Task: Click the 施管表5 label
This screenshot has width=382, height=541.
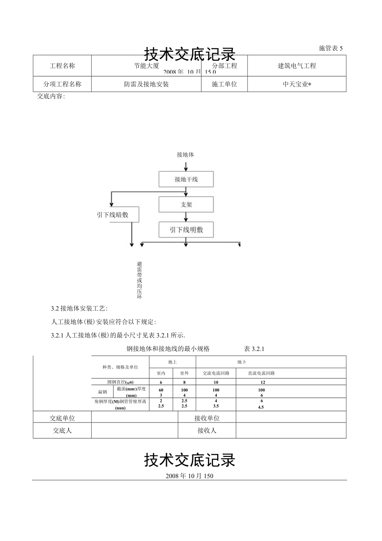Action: [331, 48]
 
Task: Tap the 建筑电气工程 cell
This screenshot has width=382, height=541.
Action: [296, 66]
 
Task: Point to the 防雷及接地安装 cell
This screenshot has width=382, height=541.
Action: [146, 84]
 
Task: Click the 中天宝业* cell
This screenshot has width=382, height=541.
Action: [296, 84]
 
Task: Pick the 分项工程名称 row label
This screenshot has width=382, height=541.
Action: [62, 84]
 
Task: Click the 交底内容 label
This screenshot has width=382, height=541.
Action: [51, 96]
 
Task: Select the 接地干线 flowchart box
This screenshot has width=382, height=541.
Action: [186, 180]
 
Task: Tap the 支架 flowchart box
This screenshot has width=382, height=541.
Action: [186, 205]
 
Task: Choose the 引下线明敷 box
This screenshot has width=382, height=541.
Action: [186, 230]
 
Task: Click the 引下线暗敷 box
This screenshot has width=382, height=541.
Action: [113, 215]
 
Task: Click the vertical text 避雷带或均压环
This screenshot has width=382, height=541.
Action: [140, 280]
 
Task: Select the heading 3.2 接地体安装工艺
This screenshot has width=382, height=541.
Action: [79, 309]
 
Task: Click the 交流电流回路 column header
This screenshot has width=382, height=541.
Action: [216, 373]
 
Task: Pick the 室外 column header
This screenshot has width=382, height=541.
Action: [184, 373]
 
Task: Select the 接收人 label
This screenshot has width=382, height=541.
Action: [207, 431]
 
